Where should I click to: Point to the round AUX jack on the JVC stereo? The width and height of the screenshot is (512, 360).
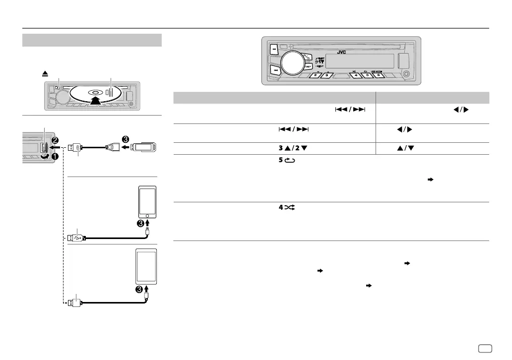tap(407, 75)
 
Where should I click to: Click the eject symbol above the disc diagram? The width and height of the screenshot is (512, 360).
tap(45, 73)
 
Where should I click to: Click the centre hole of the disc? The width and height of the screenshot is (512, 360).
tap(95, 93)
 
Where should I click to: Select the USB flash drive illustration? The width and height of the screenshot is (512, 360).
tap(146, 147)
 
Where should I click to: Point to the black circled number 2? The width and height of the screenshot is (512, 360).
tap(56, 140)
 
